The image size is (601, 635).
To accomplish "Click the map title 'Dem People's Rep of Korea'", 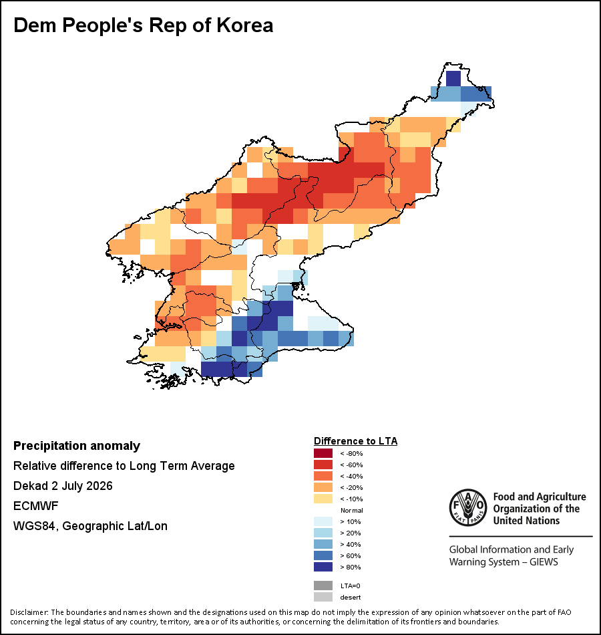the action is click(144, 25).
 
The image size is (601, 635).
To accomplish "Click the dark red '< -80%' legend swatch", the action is click(323, 453).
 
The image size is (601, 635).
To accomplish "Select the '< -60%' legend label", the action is click(351, 465).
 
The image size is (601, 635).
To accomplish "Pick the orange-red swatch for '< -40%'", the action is click(323, 476).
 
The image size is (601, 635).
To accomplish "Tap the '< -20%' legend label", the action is click(351, 487).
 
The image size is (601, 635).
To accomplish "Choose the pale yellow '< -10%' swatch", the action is click(323, 499).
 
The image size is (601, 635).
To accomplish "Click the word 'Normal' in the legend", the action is click(352, 510).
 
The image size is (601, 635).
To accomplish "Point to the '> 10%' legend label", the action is click(351, 521).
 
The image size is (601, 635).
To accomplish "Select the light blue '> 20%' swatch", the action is click(323, 533).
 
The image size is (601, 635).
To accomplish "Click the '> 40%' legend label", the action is click(351, 544).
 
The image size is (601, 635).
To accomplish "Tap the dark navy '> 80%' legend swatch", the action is click(323, 567).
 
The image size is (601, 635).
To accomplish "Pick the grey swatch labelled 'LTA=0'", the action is click(323, 586).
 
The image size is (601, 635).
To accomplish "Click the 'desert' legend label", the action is click(351, 598).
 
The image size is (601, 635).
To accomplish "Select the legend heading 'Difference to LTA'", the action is click(356, 441).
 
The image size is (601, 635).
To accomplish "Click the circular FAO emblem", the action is click(468, 507).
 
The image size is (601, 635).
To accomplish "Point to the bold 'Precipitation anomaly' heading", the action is click(77, 446).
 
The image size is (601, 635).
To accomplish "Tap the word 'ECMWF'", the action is click(36, 506).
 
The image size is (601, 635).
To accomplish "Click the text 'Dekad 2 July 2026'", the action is click(63, 486).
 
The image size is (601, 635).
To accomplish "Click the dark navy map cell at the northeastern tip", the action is click(453, 79).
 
